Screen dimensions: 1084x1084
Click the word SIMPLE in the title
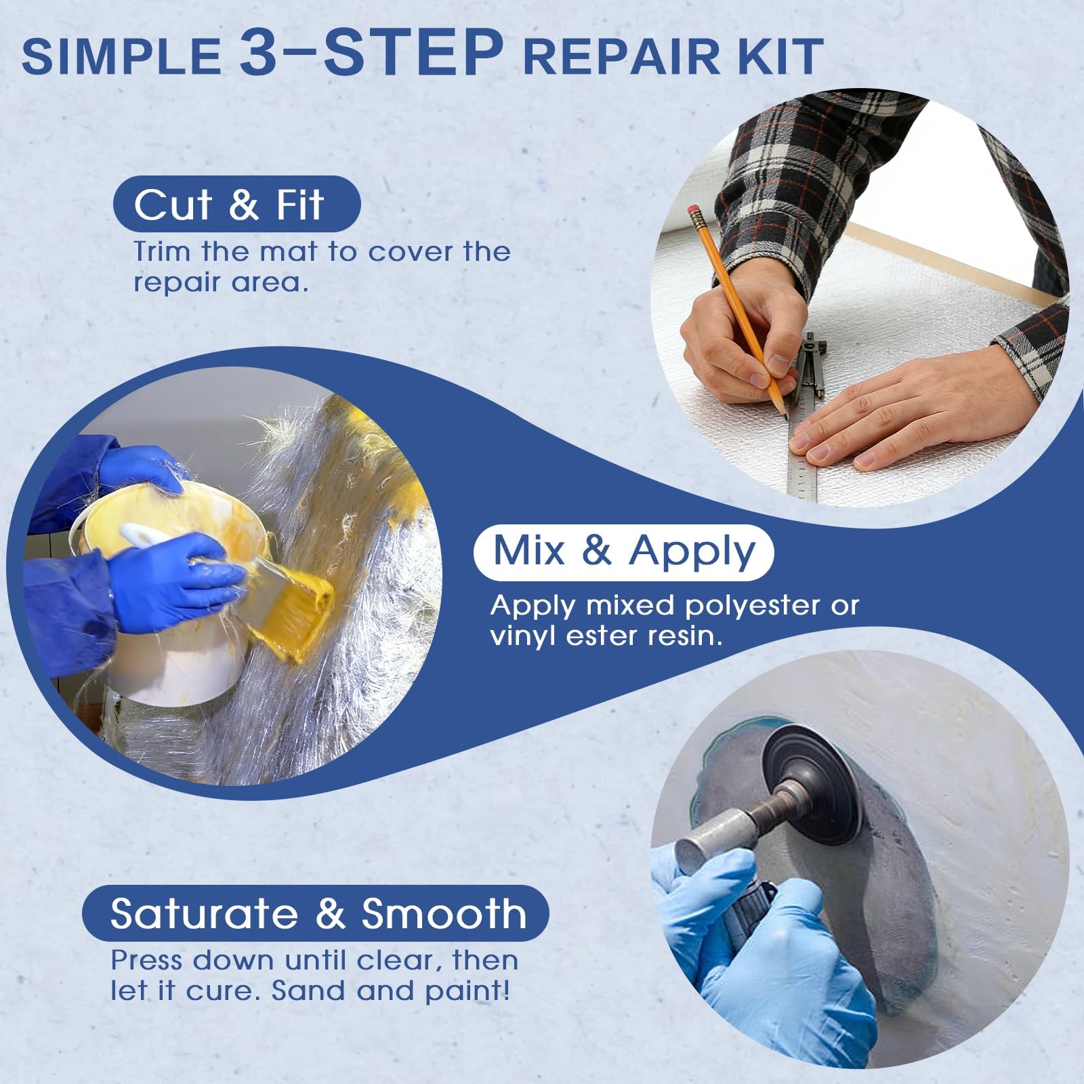(121, 56)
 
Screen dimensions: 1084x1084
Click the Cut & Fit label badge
(236, 204)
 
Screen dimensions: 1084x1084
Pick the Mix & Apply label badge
(623, 551)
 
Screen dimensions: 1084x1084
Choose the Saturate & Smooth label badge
(316, 913)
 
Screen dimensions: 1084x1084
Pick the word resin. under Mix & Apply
(685, 636)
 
